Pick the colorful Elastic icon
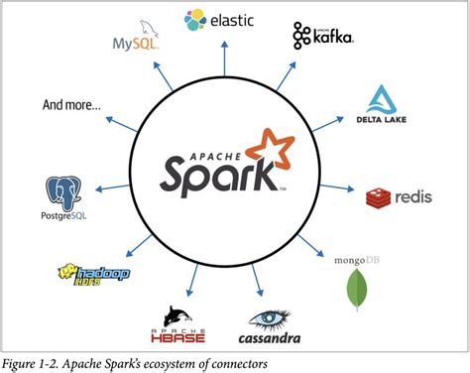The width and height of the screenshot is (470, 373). (194, 18)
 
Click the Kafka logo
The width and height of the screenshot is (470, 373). (323, 37)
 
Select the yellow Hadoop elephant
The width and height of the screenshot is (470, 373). (70, 271)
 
